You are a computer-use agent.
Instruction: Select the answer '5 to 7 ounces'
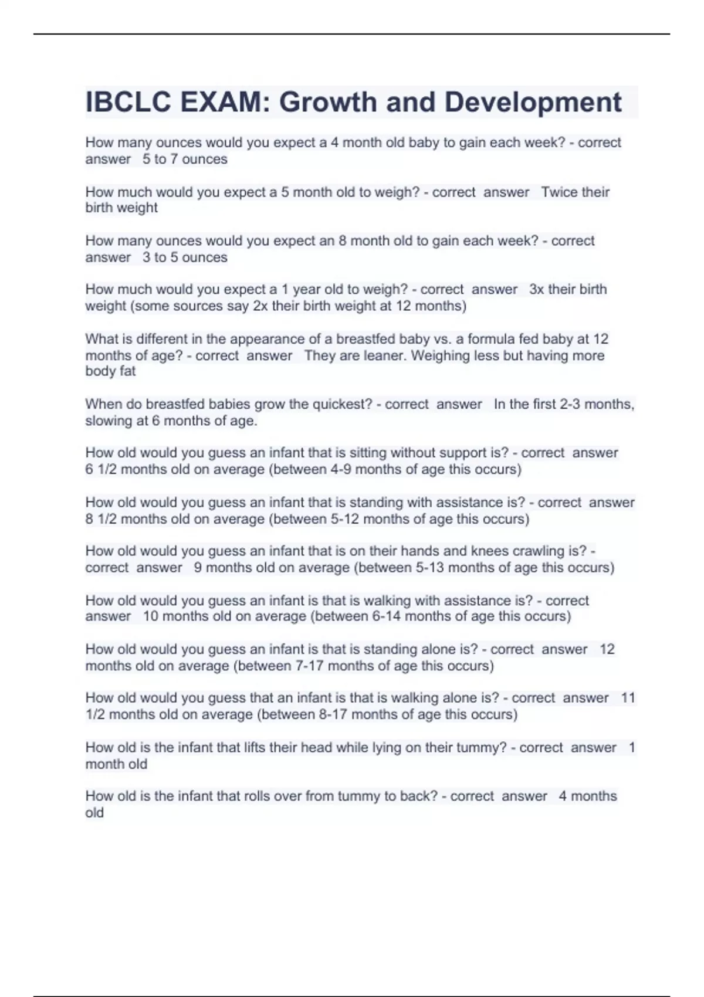[x=185, y=160]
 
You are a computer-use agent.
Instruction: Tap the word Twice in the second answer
[x=559, y=192]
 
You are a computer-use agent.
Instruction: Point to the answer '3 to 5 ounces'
[x=185, y=257]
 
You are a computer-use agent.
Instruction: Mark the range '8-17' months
[x=333, y=714]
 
